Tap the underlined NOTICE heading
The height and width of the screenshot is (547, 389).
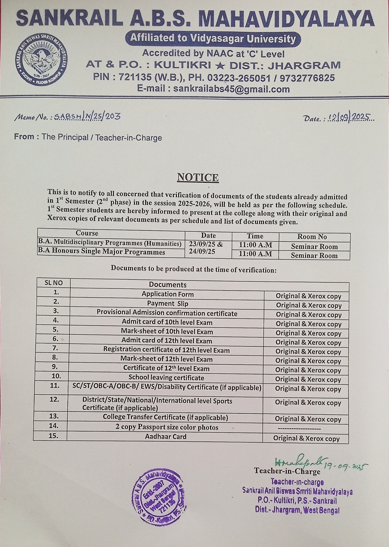198,177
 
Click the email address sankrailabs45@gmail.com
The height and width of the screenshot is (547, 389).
231,89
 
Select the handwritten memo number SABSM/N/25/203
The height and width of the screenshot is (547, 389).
87,116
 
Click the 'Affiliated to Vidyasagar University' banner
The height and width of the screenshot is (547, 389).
213,39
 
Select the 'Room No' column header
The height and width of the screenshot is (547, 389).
312,237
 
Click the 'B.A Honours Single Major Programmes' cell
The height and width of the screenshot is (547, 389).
102,252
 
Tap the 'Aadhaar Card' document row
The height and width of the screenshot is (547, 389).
166,437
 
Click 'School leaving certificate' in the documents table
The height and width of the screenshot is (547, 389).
166,378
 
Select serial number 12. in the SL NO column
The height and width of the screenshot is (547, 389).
54,399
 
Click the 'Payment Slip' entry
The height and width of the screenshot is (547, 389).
167,303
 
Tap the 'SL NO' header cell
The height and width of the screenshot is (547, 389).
53,283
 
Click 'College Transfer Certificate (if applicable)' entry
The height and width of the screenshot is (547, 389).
165,417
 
